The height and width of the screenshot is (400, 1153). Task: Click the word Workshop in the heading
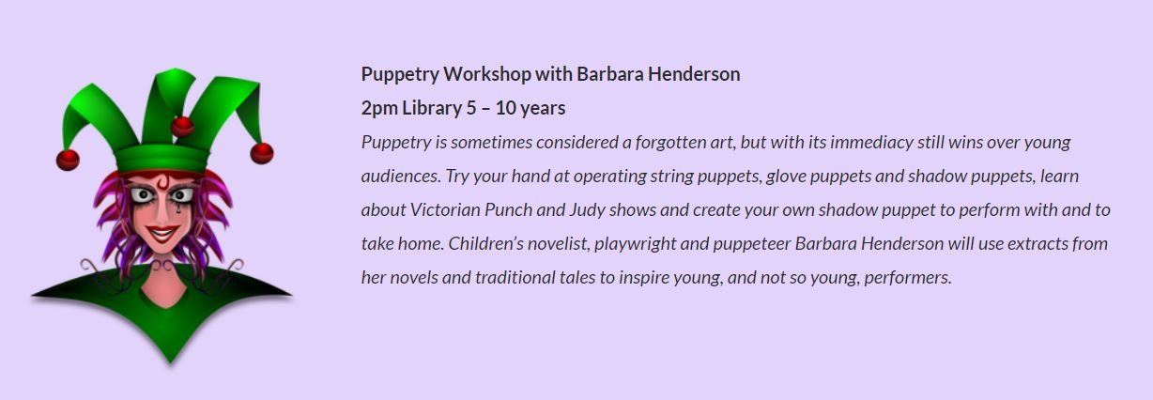[487, 74]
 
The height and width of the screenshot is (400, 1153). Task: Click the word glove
[786, 177]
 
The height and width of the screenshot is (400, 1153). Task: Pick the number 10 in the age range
[505, 109]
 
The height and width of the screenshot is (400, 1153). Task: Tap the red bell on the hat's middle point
[182, 126]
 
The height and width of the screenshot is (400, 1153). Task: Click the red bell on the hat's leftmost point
[68, 160]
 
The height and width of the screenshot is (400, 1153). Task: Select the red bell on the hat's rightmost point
[261, 153]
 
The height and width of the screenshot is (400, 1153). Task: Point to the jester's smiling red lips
[161, 233]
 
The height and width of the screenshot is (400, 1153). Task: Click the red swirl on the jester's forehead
[162, 182]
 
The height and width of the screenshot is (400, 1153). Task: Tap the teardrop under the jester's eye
[178, 208]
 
